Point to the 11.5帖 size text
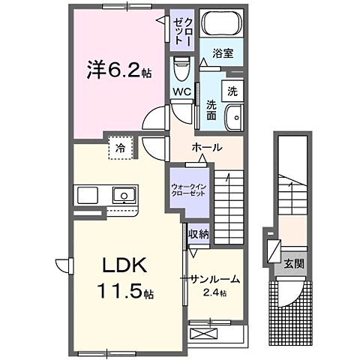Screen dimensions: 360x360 [x=124, y=291]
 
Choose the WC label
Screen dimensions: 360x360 [x=181, y=93]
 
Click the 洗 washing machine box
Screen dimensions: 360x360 [x=232, y=91]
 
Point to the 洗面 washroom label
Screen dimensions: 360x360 [x=211, y=111]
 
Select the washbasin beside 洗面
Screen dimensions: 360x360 [x=234, y=118]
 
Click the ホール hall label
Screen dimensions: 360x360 [x=207, y=147]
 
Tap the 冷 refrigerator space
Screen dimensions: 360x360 [x=121, y=148]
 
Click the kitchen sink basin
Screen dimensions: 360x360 [x=123, y=196]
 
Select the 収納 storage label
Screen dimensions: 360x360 [x=198, y=235]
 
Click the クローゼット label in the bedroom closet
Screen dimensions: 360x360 [x=180, y=30]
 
